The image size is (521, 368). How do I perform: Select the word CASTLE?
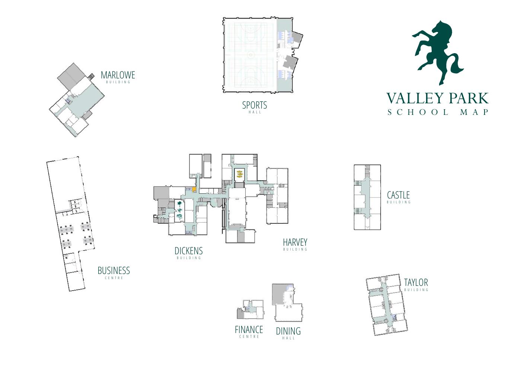(398, 195)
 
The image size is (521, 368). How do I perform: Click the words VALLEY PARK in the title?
(437, 98)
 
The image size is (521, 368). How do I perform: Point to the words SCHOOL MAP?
(438, 112)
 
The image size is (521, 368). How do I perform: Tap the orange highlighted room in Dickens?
(194, 189)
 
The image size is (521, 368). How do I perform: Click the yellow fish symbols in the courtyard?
(240, 174)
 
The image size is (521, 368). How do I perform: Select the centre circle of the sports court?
(251, 55)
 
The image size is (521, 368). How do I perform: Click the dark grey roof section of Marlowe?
(69, 77)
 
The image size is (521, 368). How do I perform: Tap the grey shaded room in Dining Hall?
(279, 294)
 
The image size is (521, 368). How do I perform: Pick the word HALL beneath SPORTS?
(255, 112)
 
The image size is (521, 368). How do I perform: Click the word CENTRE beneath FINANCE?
(249, 337)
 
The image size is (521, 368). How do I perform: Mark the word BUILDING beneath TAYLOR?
(416, 290)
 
